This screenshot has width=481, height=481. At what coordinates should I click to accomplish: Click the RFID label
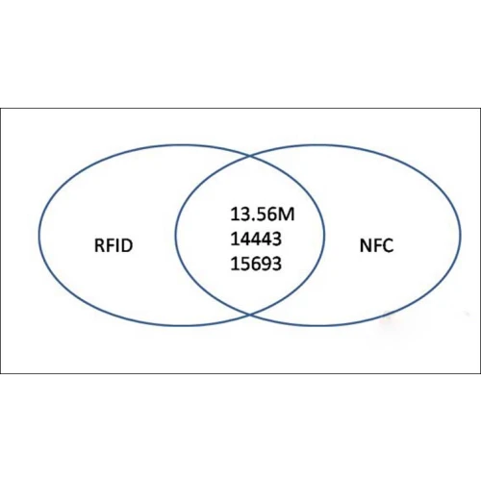click(x=114, y=245)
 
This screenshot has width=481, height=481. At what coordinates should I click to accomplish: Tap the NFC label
click(x=376, y=245)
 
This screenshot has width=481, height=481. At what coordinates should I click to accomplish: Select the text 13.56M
click(x=263, y=215)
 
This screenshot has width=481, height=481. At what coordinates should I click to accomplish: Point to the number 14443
click(x=256, y=239)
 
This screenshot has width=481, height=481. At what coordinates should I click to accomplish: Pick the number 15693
click(x=256, y=264)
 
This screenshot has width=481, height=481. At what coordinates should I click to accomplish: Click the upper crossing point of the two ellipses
click(x=250, y=156)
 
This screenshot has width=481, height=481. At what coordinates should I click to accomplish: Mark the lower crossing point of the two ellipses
click(x=250, y=315)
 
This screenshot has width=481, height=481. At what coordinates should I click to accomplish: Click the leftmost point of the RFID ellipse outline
click(x=39, y=235)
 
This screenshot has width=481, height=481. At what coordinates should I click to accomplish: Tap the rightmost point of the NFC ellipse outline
click(x=461, y=235)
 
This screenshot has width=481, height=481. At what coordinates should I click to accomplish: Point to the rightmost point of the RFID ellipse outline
click(x=324, y=235)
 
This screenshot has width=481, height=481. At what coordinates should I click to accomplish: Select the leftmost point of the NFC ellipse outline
click(x=175, y=235)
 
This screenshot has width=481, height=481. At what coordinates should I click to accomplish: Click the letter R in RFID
click(x=99, y=245)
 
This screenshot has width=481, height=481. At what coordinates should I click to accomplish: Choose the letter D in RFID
click(x=126, y=245)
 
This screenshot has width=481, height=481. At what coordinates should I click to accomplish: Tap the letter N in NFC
click(x=366, y=245)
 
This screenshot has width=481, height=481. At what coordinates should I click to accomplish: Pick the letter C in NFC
click(x=388, y=245)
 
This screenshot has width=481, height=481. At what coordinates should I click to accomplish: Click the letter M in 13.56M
click(x=287, y=215)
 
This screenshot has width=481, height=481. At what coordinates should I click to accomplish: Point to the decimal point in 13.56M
click(x=252, y=219)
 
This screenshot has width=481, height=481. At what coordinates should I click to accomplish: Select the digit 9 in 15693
click(x=266, y=264)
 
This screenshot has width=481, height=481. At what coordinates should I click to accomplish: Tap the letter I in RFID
click(x=117, y=245)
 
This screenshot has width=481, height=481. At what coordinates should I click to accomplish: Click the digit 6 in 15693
click(x=257, y=264)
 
